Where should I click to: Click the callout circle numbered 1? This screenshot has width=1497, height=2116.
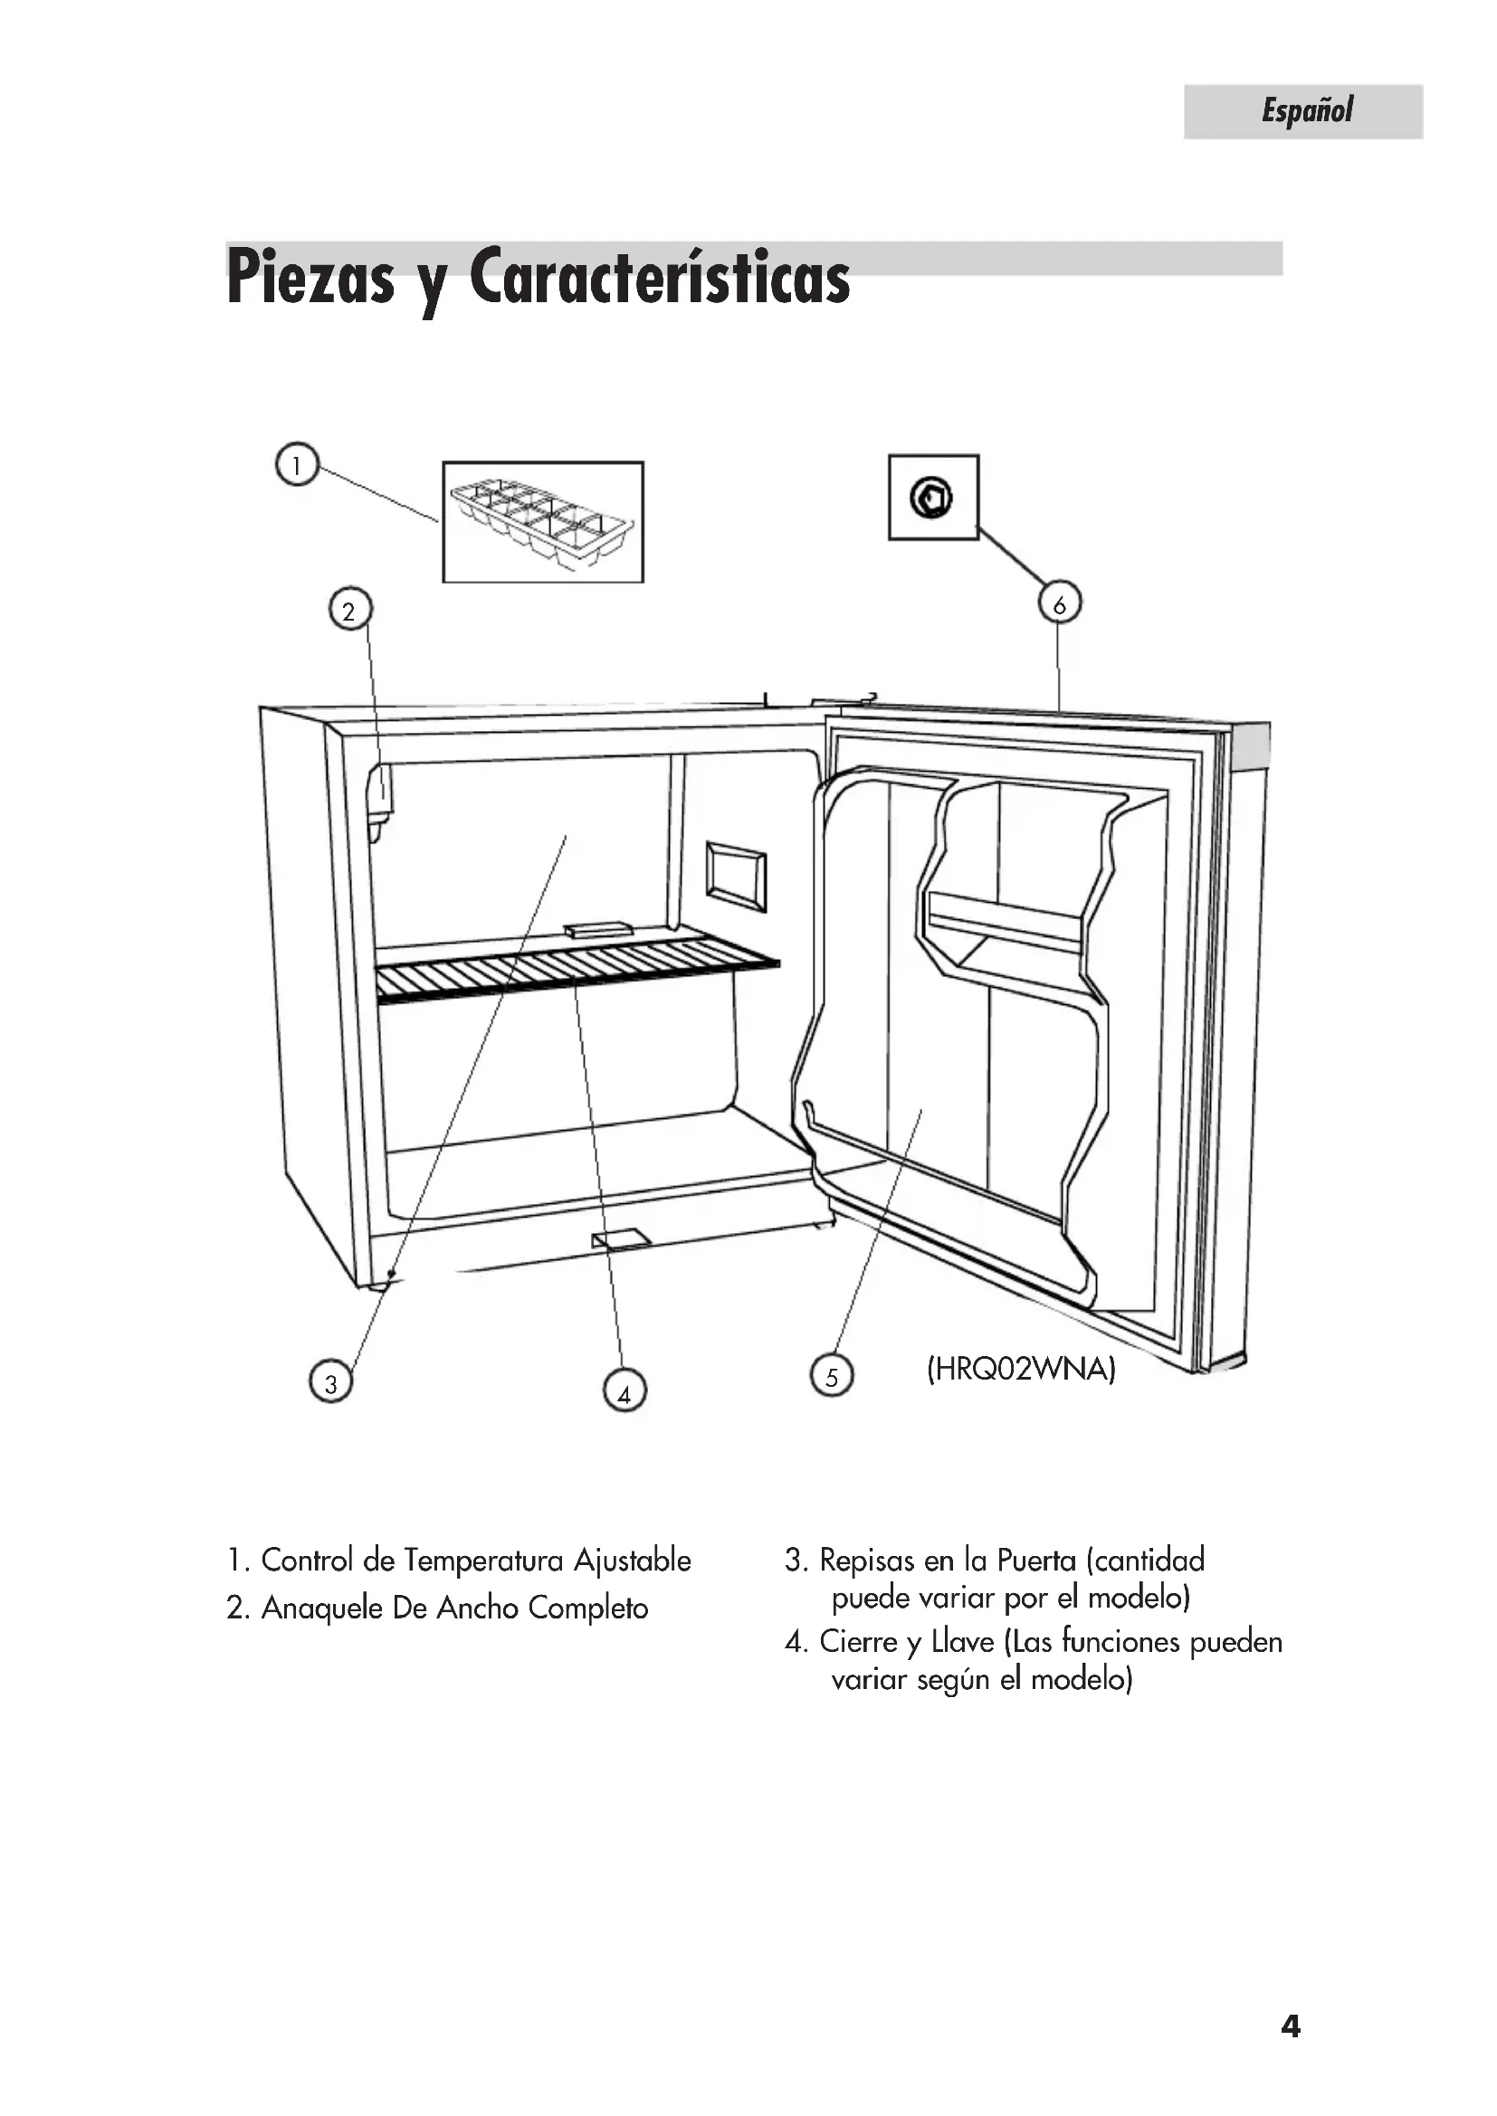click(297, 464)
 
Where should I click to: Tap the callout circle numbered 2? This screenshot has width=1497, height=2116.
click(349, 610)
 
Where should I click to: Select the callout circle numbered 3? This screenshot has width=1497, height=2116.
click(330, 1382)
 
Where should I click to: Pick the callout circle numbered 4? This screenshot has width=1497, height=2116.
click(625, 1392)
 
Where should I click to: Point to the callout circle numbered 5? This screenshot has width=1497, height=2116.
click(832, 1377)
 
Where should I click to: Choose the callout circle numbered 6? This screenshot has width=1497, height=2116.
click(1059, 604)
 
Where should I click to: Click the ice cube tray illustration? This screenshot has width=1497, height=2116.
click(542, 521)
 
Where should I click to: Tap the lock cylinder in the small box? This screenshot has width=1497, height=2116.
click(932, 498)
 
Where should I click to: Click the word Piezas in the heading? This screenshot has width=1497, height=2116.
click(310, 279)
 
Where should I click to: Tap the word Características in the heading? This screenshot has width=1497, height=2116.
click(659, 279)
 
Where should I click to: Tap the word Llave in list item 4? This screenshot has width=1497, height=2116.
click(962, 1641)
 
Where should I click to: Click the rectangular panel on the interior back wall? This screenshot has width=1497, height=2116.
click(736, 875)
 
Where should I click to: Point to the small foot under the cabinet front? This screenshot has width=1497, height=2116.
click(621, 1239)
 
